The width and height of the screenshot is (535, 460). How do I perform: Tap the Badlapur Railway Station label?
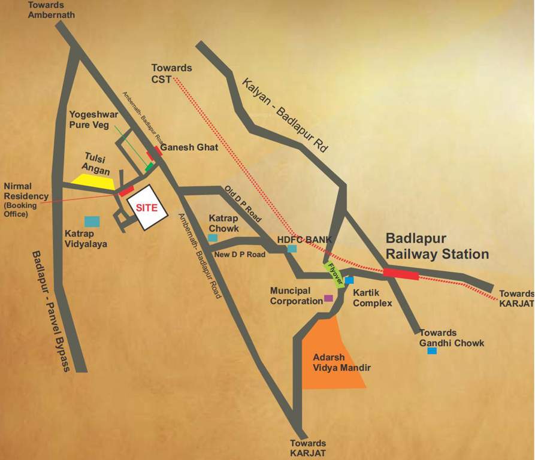[437, 246]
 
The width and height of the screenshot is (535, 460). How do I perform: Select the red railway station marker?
[401, 274]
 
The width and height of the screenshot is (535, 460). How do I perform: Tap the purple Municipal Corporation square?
[328, 298]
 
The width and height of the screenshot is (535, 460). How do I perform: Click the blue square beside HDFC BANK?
[292, 249]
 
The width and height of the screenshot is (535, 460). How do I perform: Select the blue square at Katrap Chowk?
[212, 238]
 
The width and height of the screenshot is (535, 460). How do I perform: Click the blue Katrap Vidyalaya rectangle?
[92, 221]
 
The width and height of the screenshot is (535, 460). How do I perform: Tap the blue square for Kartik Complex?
[349, 280]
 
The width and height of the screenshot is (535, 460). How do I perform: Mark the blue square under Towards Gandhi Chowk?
[432, 350]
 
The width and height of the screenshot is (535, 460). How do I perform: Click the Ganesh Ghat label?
[189, 146]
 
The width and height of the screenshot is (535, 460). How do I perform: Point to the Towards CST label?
[172, 74]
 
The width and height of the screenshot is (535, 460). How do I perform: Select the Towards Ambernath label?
[51, 10]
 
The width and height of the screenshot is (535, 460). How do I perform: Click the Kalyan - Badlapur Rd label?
[285, 114]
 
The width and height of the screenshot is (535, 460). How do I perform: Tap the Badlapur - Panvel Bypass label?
[51, 311]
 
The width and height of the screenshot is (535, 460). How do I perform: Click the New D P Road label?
[240, 255]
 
